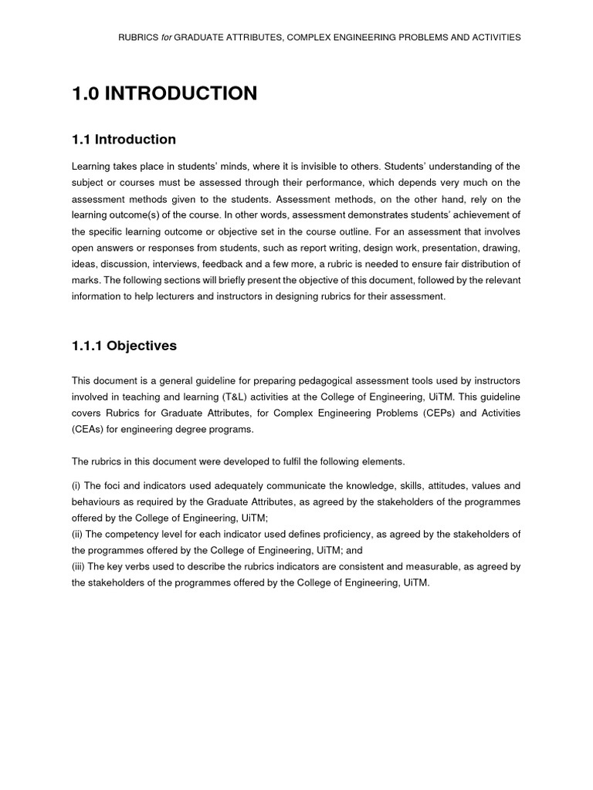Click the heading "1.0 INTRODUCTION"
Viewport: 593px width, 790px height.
[164, 94]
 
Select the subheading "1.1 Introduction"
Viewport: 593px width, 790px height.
[124, 140]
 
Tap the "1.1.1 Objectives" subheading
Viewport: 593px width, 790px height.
[124, 346]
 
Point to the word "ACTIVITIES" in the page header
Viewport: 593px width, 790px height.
[492, 37]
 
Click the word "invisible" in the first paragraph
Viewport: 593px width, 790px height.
[308, 167]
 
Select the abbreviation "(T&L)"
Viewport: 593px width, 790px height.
[225, 397]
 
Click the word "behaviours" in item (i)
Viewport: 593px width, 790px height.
[96, 502]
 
